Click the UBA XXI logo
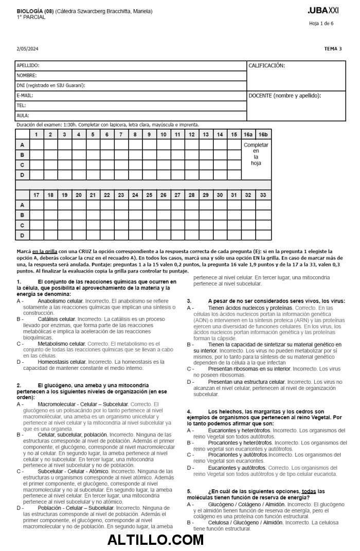click(x=323, y=10)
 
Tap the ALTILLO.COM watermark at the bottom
click(x=155, y=540)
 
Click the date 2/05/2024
click(x=28, y=49)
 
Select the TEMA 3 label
click(x=333, y=49)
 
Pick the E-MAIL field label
click(x=25, y=96)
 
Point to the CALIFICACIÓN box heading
click(x=266, y=66)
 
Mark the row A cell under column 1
click(x=37, y=145)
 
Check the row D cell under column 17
click(x=37, y=235)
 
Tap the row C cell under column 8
click(x=135, y=165)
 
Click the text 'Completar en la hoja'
click(x=256, y=154)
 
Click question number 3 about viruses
click(x=189, y=301)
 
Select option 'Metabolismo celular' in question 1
click(x=62, y=344)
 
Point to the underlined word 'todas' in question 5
click(x=309, y=491)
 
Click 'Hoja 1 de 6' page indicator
click(x=321, y=23)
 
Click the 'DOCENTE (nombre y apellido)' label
click(x=284, y=96)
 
